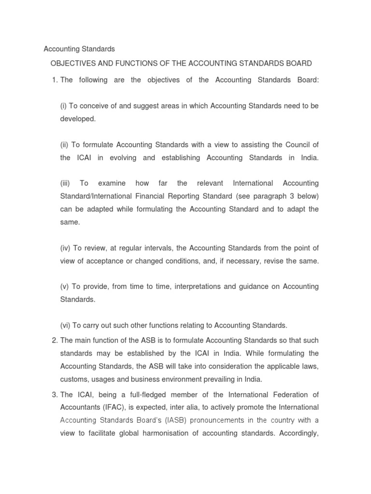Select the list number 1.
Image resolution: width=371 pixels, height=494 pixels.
pos(54,80)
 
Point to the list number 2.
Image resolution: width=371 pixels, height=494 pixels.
pos(54,341)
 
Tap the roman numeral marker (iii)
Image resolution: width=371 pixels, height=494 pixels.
pos(65,183)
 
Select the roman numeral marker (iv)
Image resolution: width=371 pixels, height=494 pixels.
pos(65,248)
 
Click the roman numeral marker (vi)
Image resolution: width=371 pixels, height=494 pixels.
pos(65,325)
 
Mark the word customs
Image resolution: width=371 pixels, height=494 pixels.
pos(74,379)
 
